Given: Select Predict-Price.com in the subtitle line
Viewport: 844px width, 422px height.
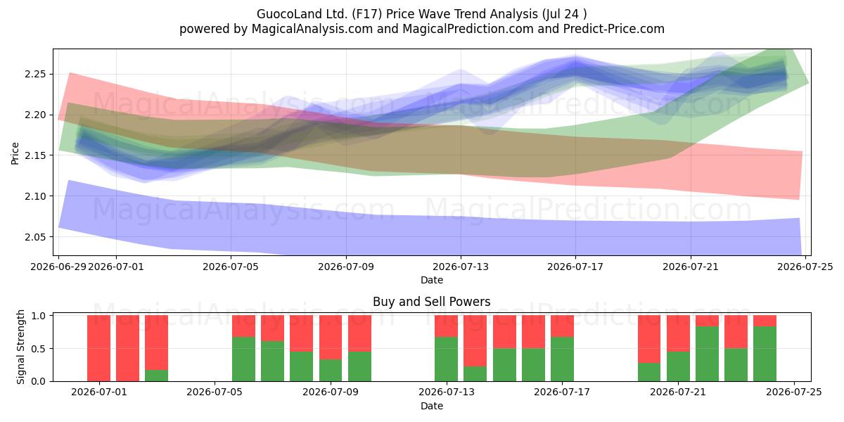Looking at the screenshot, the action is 614,29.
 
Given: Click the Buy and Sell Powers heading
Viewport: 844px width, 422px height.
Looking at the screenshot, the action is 431,302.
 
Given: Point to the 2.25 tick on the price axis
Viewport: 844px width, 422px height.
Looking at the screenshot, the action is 35,75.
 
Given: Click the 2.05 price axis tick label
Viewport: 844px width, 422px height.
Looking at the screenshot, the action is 35,237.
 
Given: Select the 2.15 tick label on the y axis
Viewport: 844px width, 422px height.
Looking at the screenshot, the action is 35,155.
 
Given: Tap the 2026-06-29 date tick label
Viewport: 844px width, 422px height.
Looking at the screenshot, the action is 58,267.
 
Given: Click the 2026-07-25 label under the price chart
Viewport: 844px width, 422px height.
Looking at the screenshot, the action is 805,267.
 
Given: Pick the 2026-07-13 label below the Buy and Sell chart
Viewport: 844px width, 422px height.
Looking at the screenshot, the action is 447,392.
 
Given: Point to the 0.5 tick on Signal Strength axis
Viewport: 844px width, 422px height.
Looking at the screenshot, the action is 38,349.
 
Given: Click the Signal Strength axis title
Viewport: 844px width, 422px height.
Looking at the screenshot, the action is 20,347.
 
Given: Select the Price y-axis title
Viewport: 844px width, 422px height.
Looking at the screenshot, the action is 15,154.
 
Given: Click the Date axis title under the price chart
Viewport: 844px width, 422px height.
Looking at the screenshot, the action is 432,280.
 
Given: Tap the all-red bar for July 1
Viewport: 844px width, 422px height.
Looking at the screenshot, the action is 98,348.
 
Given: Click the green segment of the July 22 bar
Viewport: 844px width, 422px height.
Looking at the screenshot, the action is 707,354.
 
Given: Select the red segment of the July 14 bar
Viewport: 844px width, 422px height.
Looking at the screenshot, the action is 475,341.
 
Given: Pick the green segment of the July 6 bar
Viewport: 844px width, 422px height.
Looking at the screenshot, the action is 243,359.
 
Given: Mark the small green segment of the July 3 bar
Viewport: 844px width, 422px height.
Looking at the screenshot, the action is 156,376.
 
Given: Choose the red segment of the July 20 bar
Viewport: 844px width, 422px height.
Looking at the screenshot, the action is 649,339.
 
